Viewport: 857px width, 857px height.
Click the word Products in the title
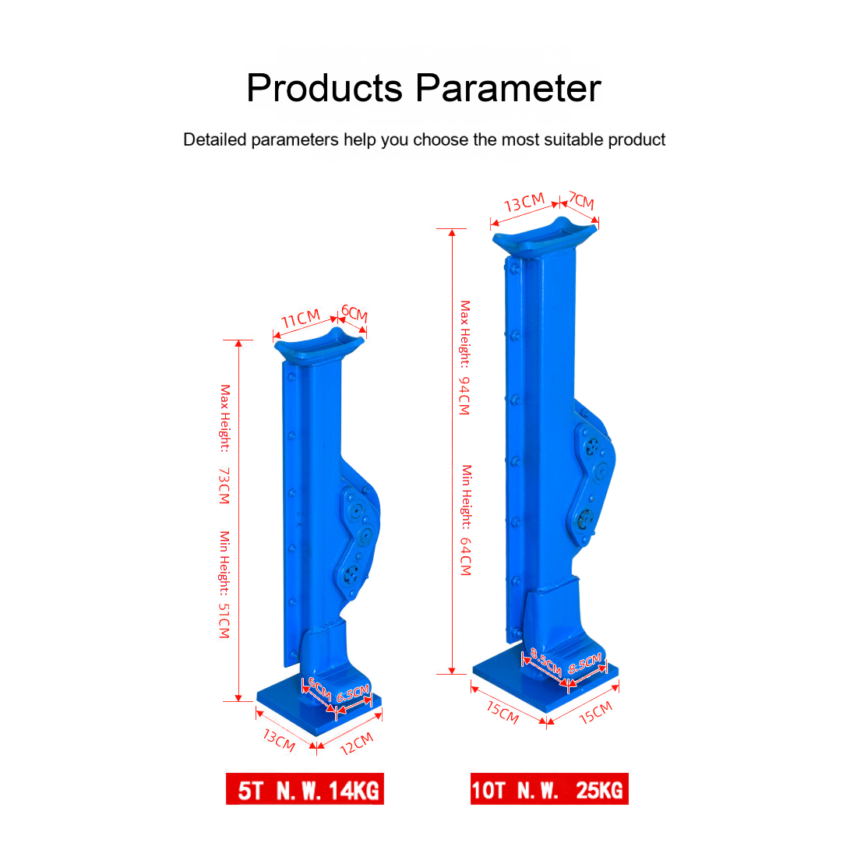[x=325, y=88]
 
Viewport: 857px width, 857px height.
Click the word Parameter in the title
[x=508, y=88]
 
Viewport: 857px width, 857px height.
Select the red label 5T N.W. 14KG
[x=305, y=788]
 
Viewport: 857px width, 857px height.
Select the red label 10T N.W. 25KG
[x=549, y=788]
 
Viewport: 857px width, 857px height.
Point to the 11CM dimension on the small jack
[x=301, y=319]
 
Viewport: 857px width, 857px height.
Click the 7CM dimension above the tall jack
[x=581, y=200]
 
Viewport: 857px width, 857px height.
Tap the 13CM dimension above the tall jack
[x=524, y=203]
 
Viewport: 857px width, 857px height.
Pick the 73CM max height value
[x=224, y=485]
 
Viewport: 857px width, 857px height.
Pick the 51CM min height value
[x=224, y=621]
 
